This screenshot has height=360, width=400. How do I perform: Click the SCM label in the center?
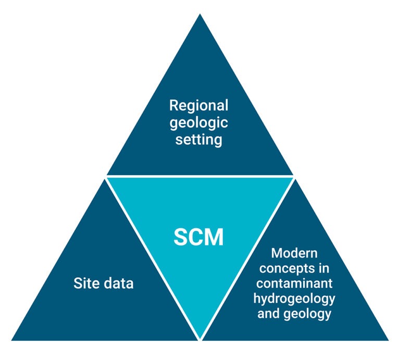(198, 237)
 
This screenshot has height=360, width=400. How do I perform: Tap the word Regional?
(199, 105)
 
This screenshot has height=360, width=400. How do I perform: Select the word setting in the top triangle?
(199, 140)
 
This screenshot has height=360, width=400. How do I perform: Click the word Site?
(85, 283)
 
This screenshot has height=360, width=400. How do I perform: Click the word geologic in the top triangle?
(199, 122)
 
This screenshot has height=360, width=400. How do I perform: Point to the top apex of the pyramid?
(200, 15)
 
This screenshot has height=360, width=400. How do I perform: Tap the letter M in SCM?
(215, 237)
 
